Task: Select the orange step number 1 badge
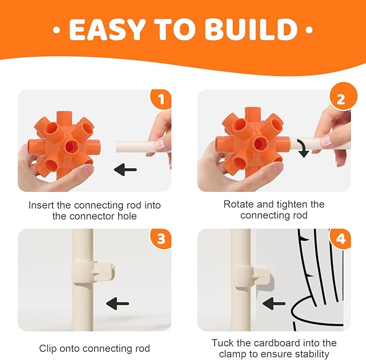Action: coord(161,99)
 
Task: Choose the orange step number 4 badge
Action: coord(340,238)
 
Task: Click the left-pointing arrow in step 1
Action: coord(125,169)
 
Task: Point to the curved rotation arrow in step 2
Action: coord(303,148)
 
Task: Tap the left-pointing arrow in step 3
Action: coord(118,303)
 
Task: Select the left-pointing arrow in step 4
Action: coord(274,303)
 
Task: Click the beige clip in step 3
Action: coord(94,272)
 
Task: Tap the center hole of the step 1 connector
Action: coord(70,146)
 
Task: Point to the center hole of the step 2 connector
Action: coord(260,143)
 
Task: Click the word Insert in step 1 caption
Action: coord(42,205)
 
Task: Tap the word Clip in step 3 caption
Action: coord(48,349)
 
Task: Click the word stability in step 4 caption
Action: coord(312,354)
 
